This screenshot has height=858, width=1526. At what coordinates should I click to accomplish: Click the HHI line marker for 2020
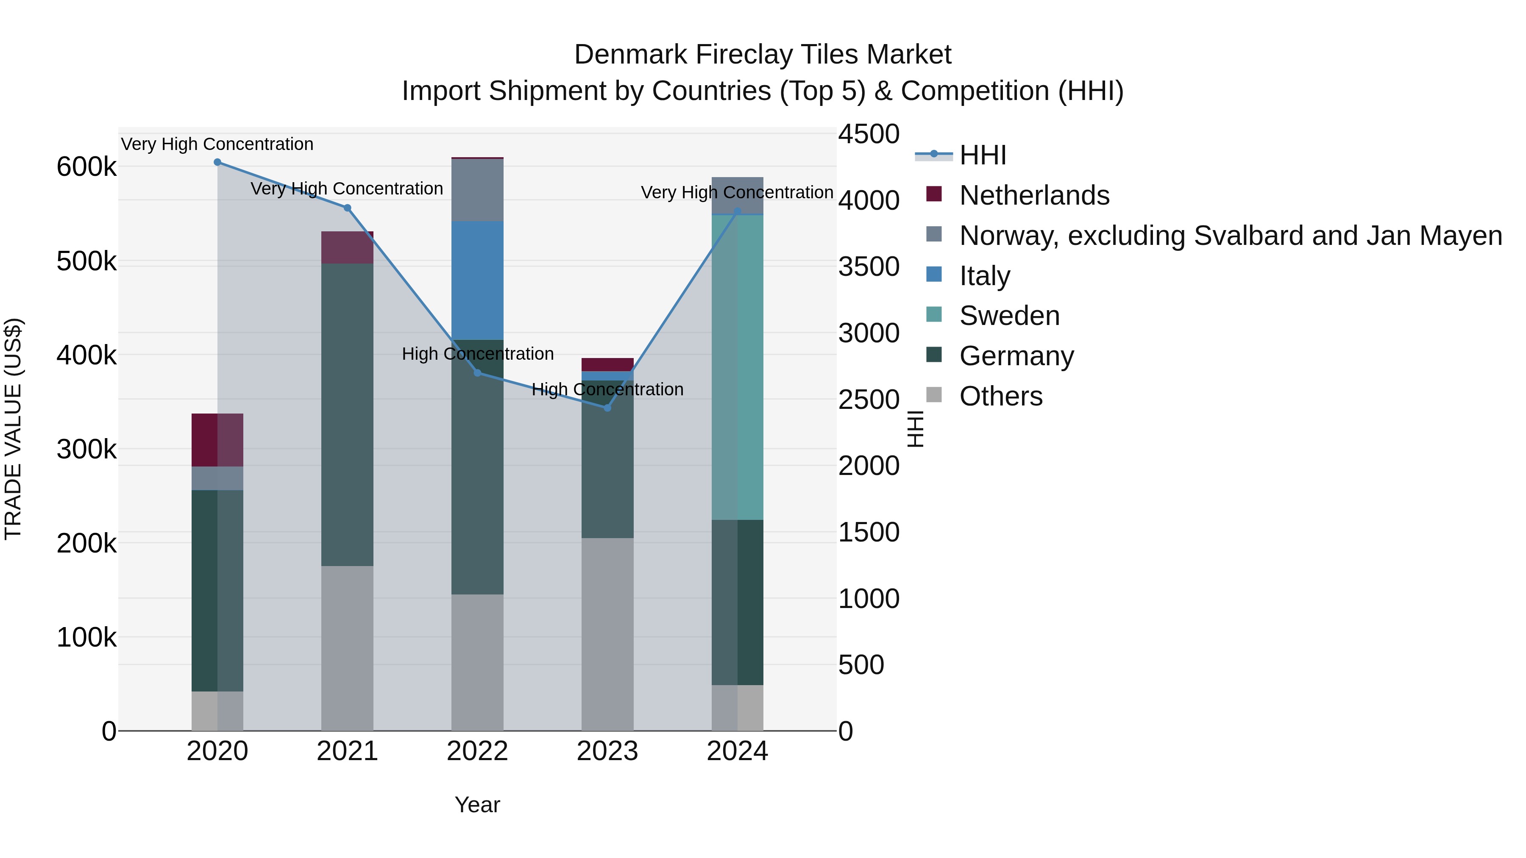point(217,162)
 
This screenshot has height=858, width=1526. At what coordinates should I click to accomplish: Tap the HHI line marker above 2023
point(607,408)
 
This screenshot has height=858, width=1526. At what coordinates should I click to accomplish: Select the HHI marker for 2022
point(477,373)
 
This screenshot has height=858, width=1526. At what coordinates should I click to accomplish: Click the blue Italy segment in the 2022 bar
point(477,280)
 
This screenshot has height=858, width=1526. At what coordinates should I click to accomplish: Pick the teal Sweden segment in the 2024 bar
point(738,367)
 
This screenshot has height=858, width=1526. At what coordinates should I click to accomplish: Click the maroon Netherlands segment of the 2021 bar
point(347,247)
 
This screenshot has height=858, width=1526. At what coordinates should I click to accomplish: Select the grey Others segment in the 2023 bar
point(607,633)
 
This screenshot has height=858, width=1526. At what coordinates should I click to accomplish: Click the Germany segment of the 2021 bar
point(347,414)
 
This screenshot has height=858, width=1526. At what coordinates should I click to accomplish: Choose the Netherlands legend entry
point(1034,195)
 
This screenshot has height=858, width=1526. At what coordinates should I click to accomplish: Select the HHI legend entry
point(982,155)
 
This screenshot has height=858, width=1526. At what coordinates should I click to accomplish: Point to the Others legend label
point(1000,396)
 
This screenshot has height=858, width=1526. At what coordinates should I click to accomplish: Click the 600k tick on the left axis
point(86,167)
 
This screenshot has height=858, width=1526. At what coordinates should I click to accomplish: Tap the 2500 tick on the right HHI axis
point(869,399)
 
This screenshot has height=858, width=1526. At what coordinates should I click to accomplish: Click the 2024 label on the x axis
point(738,751)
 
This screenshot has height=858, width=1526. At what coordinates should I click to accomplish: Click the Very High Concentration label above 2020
point(217,144)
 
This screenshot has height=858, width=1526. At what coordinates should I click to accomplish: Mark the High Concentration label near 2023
point(607,390)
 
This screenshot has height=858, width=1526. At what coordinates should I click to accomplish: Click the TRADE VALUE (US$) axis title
point(13,429)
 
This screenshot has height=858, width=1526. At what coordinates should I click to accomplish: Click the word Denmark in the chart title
point(630,55)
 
